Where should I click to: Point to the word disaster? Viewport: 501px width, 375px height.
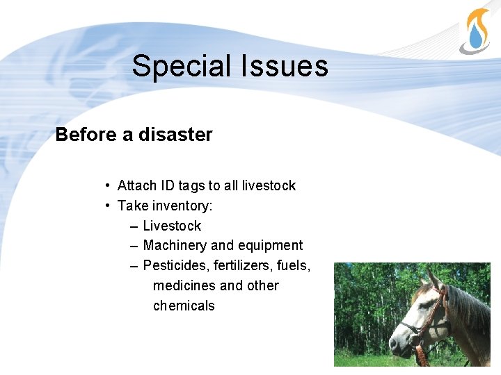coord(175,135)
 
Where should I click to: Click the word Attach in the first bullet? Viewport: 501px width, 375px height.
coord(138,185)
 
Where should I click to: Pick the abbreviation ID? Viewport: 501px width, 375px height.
coord(168,185)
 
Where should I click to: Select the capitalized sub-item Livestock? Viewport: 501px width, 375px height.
coord(172,226)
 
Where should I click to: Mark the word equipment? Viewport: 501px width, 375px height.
coord(270,246)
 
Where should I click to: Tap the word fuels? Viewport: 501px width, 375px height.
coord(294,265)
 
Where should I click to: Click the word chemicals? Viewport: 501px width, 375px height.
coord(184,306)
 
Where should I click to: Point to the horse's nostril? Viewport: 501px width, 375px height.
coord(393,343)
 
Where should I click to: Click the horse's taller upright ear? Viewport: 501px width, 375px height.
coord(434,278)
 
